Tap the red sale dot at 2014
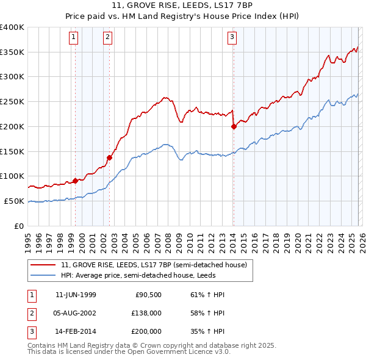(x=234, y=127)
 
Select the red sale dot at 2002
(x=110, y=157)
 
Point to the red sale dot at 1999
(x=76, y=181)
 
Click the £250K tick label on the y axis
(x=12, y=102)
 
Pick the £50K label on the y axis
(x=15, y=201)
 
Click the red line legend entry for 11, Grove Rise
(x=153, y=265)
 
